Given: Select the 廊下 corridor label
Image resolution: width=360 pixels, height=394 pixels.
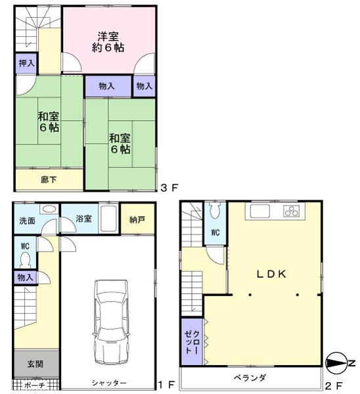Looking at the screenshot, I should [49, 179].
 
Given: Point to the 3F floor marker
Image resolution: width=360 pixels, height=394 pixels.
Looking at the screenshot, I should [169, 188].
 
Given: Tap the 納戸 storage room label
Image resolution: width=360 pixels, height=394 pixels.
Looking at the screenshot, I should [138, 219].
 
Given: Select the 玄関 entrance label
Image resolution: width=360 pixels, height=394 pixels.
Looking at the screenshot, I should [35, 363].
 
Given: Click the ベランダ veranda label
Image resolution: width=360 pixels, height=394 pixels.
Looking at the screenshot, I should [250, 378].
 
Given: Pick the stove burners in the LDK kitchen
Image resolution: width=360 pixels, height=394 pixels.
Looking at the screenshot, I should [291, 211].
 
